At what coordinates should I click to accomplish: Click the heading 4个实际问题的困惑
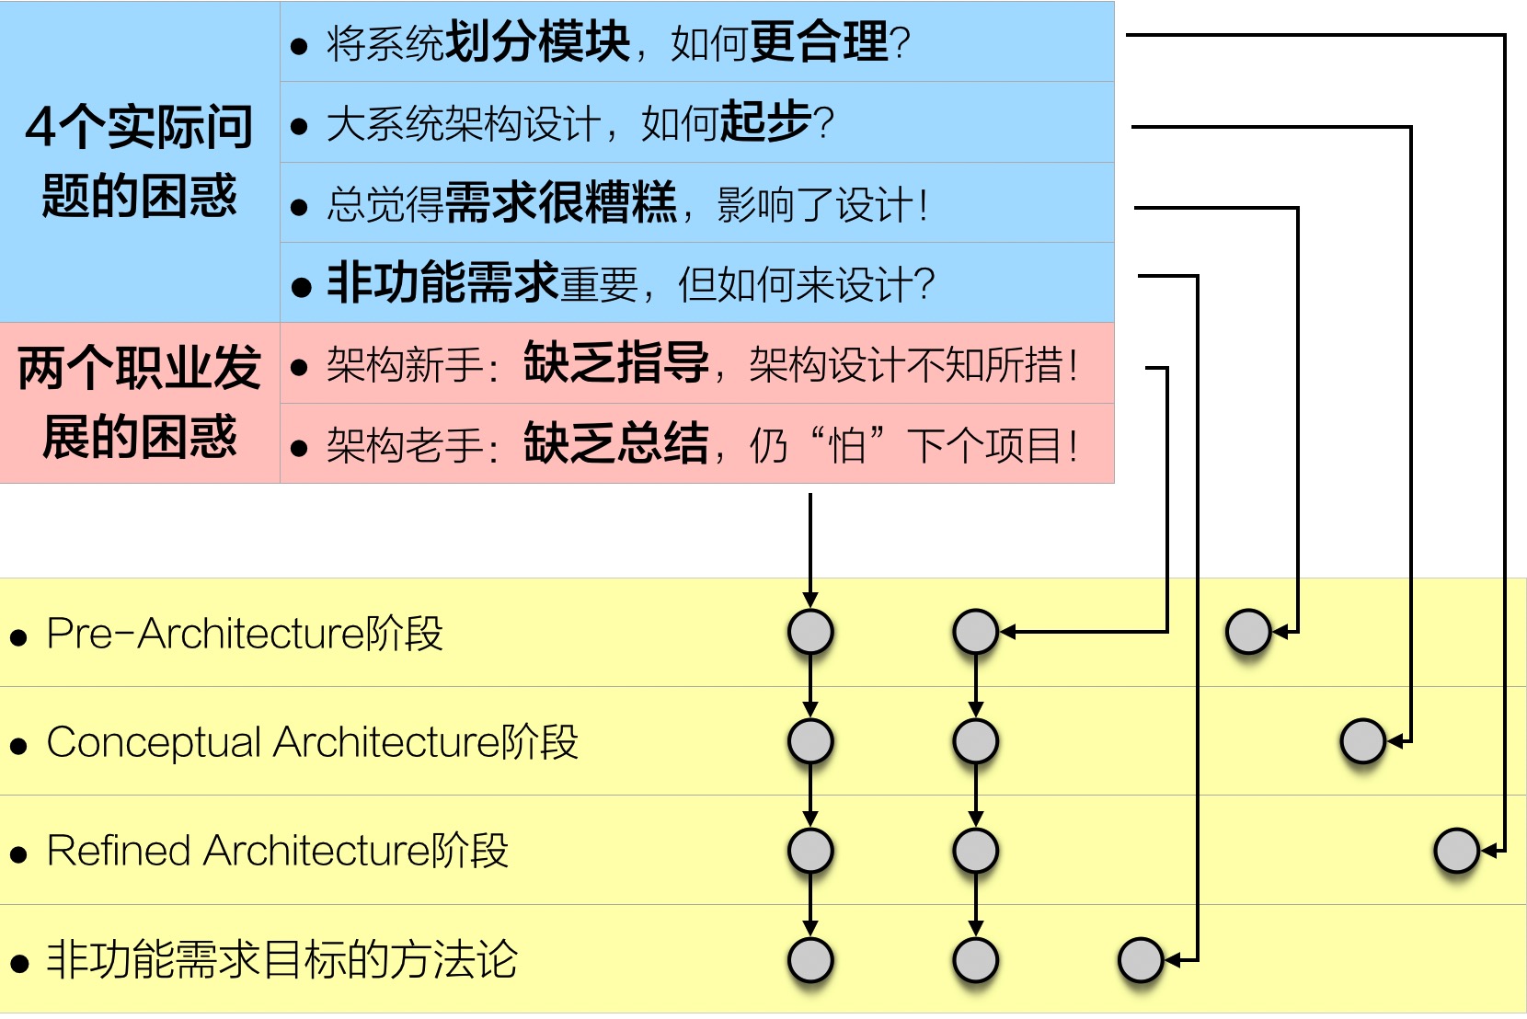coord(139,161)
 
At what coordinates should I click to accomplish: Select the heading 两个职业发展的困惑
coord(139,402)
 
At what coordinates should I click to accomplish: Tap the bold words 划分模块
coord(537,42)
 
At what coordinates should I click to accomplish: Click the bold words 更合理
coord(820,42)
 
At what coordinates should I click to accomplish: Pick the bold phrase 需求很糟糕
coord(561,203)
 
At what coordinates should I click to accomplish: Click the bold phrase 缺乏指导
coord(616,363)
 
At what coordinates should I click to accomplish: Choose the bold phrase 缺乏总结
coord(616,444)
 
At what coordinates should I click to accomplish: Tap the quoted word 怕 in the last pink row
coord(847,446)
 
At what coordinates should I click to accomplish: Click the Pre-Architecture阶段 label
coord(245,634)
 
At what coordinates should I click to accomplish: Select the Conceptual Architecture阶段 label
coord(312,742)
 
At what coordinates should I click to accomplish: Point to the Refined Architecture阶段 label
coord(277,851)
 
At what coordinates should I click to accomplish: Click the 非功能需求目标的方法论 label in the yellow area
coord(281,960)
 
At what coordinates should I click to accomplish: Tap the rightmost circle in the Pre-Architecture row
coord(1248,632)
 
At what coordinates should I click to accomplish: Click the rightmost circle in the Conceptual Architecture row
coord(1362,741)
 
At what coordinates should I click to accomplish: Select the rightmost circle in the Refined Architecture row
coord(1456,851)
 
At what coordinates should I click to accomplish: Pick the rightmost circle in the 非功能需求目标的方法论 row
coord(1141,960)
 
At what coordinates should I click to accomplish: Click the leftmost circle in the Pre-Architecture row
coord(810,632)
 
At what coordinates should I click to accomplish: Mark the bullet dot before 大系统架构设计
coord(298,126)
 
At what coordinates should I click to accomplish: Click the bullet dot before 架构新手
coord(298,368)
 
